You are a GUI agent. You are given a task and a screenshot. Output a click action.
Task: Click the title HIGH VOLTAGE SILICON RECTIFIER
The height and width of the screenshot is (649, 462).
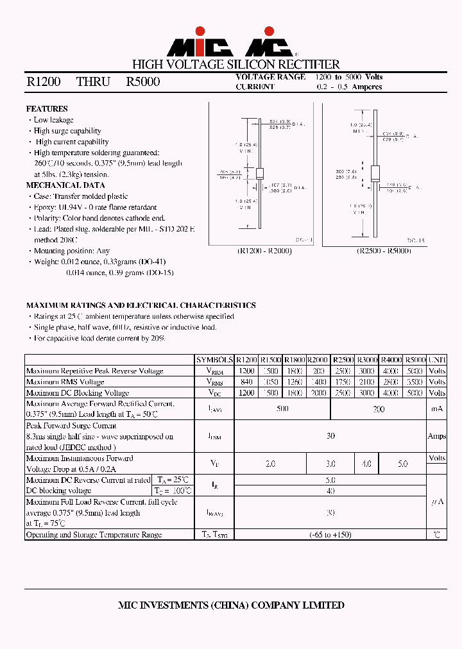pyautogui.click(x=235, y=64)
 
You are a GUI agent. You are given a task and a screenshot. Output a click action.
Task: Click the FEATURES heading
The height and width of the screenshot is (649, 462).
pyautogui.click(x=47, y=109)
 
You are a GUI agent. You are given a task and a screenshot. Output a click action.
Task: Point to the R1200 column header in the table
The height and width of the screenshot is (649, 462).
pyautogui.click(x=246, y=360)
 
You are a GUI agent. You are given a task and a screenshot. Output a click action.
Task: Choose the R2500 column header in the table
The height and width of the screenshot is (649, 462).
pyautogui.click(x=343, y=360)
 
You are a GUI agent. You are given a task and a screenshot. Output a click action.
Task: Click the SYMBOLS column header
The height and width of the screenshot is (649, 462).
pyautogui.click(x=214, y=360)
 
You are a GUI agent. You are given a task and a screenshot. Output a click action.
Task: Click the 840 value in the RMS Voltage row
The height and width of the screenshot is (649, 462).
pyautogui.click(x=246, y=382)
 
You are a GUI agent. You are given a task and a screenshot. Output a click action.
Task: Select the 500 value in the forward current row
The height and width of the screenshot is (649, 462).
pyautogui.click(x=282, y=409)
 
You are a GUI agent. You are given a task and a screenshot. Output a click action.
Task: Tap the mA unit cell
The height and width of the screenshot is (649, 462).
pyautogui.click(x=437, y=409)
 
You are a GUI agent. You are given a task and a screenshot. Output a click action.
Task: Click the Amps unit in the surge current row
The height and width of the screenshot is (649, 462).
pyautogui.click(x=437, y=436)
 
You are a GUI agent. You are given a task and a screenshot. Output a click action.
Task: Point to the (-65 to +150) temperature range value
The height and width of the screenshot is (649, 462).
pyautogui.click(x=330, y=535)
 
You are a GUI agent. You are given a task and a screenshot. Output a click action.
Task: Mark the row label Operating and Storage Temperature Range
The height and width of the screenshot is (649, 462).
pyautogui.click(x=94, y=535)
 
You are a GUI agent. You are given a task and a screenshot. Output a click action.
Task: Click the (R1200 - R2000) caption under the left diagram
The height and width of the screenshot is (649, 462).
pyautogui.click(x=264, y=251)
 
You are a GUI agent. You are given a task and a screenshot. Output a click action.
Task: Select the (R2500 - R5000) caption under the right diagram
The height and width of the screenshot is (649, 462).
pyautogui.click(x=383, y=251)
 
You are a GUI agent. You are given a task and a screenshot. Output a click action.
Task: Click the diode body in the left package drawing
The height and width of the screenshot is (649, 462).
pyautogui.click(x=260, y=173)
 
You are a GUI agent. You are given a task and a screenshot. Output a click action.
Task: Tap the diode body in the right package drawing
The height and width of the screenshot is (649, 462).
pyautogui.click(x=376, y=173)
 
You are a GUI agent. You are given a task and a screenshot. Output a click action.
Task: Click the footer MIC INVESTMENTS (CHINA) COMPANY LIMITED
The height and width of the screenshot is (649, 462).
pyautogui.click(x=232, y=605)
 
